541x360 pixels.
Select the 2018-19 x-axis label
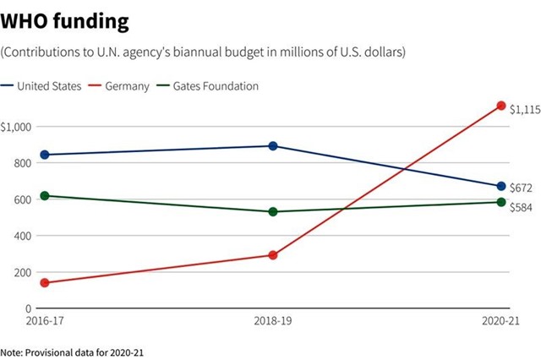coord(273,321)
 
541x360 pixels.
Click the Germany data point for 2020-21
coord(501,106)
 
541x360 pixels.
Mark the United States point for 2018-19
coord(273,146)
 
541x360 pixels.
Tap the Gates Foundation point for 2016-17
coord(44,195)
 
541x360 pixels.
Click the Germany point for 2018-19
coord(273,254)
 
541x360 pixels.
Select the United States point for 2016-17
coord(44,155)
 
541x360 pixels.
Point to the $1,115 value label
coord(524,109)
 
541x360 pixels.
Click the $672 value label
coord(521,188)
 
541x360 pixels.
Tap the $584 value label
coord(521,206)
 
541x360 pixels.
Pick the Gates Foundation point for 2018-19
coord(273,211)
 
